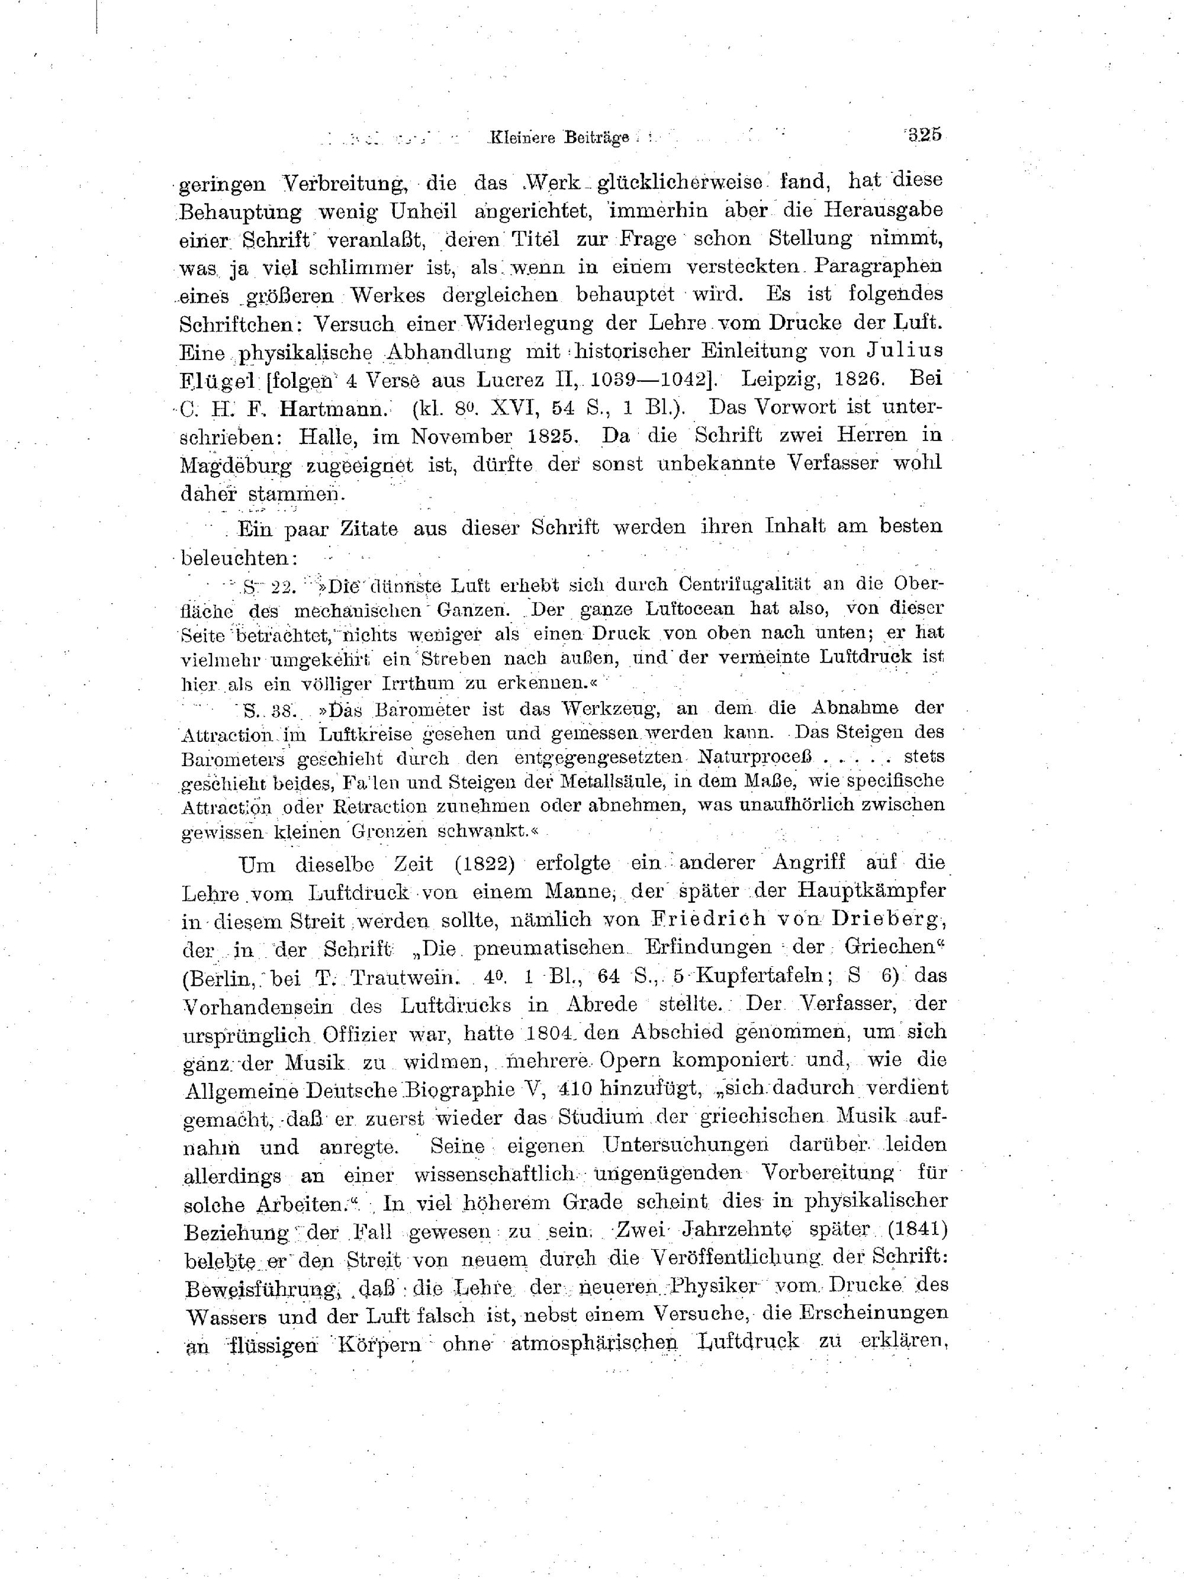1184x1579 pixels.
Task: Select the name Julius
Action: pos(903,350)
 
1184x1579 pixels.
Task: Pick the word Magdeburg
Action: pos(236,465)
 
